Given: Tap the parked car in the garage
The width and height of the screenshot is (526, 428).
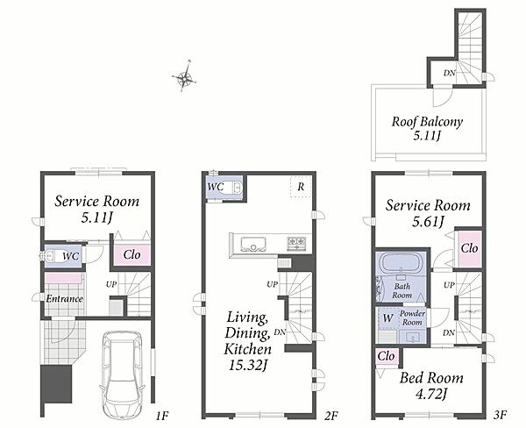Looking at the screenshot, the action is (x=123, y=374).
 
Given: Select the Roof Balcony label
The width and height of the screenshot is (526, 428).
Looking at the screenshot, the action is (x=427, y=121).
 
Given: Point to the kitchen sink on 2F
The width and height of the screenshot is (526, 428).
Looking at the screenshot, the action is (x=253, y=244).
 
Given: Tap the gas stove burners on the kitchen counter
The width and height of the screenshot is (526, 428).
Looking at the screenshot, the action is (x=296, y=243).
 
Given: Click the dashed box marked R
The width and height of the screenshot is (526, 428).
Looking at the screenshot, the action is (x=301, y=187).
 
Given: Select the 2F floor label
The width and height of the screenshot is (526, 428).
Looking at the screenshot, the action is (x=331, y=416).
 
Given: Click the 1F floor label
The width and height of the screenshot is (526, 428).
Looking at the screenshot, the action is (x=161, y=417).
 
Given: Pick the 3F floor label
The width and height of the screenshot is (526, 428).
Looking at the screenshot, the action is (x=500, y=415).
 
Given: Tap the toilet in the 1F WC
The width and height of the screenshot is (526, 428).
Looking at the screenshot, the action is (x=47, y=256).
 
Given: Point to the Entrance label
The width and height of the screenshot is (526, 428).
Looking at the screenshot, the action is (x=64, y=298).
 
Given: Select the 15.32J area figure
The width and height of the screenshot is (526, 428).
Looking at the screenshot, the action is (x=247, y=365).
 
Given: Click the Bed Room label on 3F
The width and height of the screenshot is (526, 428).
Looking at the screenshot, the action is (x=431, y=378).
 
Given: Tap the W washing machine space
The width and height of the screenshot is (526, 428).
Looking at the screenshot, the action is (x=387, y=317).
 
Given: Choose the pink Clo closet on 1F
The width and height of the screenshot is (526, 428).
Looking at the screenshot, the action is (x=131, y=255).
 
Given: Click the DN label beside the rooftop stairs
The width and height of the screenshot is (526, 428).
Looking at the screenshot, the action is (x=449, y=73).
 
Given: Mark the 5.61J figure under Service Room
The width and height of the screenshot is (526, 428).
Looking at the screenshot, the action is (x=428, y=222).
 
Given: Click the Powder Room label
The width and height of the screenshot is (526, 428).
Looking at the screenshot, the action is (x=412, y=317).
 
